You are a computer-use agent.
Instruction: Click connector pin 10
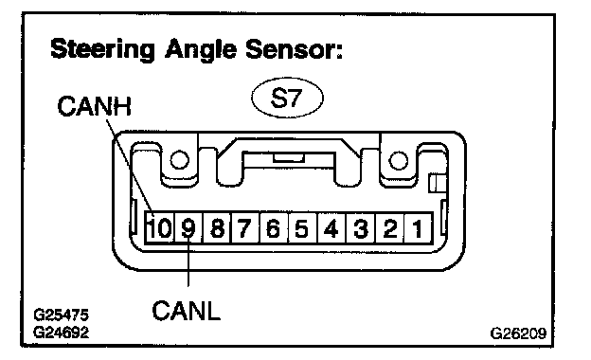point(159,228)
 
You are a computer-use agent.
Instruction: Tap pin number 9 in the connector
point(188,228)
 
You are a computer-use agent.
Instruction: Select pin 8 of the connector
point(217,228)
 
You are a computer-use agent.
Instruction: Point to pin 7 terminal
point(245,228)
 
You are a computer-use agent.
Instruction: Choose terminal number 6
point(274,228)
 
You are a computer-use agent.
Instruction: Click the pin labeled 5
point(303,228)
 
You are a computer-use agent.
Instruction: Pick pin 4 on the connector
point(331,228)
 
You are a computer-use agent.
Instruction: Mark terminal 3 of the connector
point(361,228)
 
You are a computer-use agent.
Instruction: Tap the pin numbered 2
point(389,228)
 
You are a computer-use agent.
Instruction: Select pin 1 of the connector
point(418,228)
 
